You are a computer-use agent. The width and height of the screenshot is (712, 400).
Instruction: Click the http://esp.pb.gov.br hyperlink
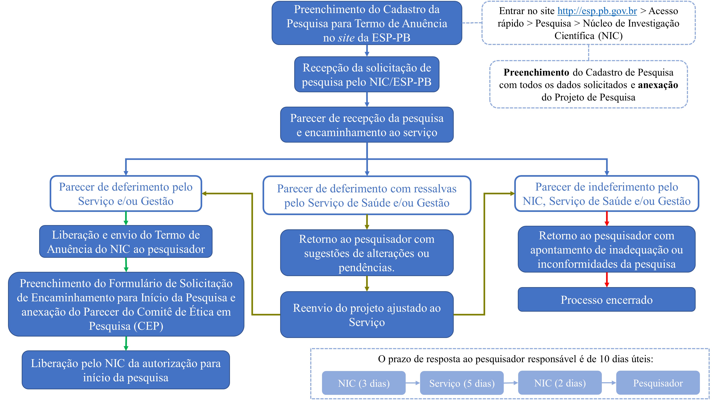[597, 11]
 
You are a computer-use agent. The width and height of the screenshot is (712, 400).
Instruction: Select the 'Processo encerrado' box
[606, 300]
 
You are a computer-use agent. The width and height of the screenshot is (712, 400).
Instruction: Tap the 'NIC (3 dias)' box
[364, 383]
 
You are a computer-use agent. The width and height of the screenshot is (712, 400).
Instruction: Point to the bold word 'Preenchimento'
[536, 72]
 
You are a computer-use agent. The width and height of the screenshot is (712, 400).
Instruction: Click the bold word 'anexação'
[658, 85]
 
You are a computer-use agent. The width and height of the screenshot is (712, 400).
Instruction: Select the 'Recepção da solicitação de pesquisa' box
[367, 74]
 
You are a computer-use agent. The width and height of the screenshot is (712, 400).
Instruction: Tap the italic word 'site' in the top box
[346, 38]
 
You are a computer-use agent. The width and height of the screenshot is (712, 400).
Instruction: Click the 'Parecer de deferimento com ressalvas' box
[367, 195]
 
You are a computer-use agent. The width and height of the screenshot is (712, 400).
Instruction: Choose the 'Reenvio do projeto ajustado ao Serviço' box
[367, 314]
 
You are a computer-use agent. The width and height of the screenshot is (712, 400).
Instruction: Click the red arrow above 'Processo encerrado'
[607, 280]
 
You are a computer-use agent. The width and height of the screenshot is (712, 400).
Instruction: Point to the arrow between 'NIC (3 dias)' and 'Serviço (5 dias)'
[413, 383]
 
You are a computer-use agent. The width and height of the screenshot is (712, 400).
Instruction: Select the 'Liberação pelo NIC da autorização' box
[126, 370]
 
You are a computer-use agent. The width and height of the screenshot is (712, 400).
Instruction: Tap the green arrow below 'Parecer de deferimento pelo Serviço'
[126, 218]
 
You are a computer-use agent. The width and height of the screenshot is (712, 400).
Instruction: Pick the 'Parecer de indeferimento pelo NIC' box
[606, 194]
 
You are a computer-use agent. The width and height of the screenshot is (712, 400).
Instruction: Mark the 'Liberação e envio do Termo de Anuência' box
[126, 242]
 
